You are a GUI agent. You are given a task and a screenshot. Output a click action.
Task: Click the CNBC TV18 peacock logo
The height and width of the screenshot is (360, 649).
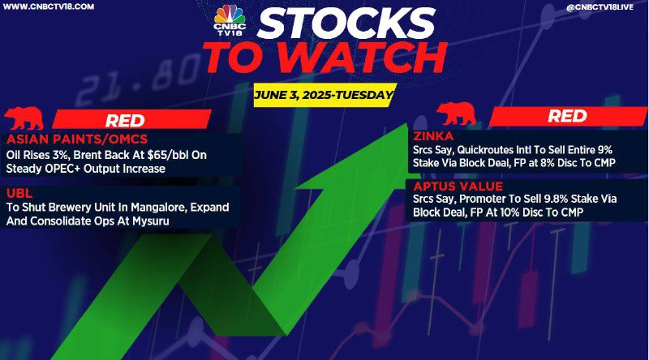pyautogui.click(x=230, y=19)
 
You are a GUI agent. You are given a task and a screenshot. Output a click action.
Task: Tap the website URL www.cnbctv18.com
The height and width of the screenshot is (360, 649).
pyautogui.click(x=48, y=6)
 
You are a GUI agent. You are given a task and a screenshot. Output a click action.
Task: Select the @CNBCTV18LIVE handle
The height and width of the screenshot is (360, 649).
pyautogui.click(x=600, y=7)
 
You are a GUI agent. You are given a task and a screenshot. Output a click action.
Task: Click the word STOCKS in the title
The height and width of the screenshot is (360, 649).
pyautogui.click(x=346, y=24)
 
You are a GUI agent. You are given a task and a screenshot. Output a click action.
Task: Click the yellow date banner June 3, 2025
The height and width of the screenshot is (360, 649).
pyautogui.click(x=323, y=95)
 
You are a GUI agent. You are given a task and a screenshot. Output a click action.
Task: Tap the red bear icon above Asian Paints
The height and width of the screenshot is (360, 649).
pyautogui.click(x=24, y=118)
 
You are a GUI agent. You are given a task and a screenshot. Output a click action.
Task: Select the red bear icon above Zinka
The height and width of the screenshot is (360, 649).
pyautogui.click(x=456, y=114)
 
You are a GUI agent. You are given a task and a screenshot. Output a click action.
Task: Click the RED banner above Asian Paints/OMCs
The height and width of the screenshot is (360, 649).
pyautogui.click(x=132, y=119)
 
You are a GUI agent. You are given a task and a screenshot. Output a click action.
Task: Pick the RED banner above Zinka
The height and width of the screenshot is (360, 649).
pyautogui.click(x=568, y=116)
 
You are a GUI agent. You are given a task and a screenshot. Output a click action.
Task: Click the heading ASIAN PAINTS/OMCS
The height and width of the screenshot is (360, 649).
pyautogui.click(x=77, y=139)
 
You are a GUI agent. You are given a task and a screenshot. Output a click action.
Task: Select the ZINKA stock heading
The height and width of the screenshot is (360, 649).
pyautogui.click(x=433, y=136)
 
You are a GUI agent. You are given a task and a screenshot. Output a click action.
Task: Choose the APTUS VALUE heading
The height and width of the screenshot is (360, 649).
pyautogui.click(x=458, y=186)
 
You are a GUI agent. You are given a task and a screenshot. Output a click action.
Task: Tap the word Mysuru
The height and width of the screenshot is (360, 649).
pyautogui.click(x=151, y=221)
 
